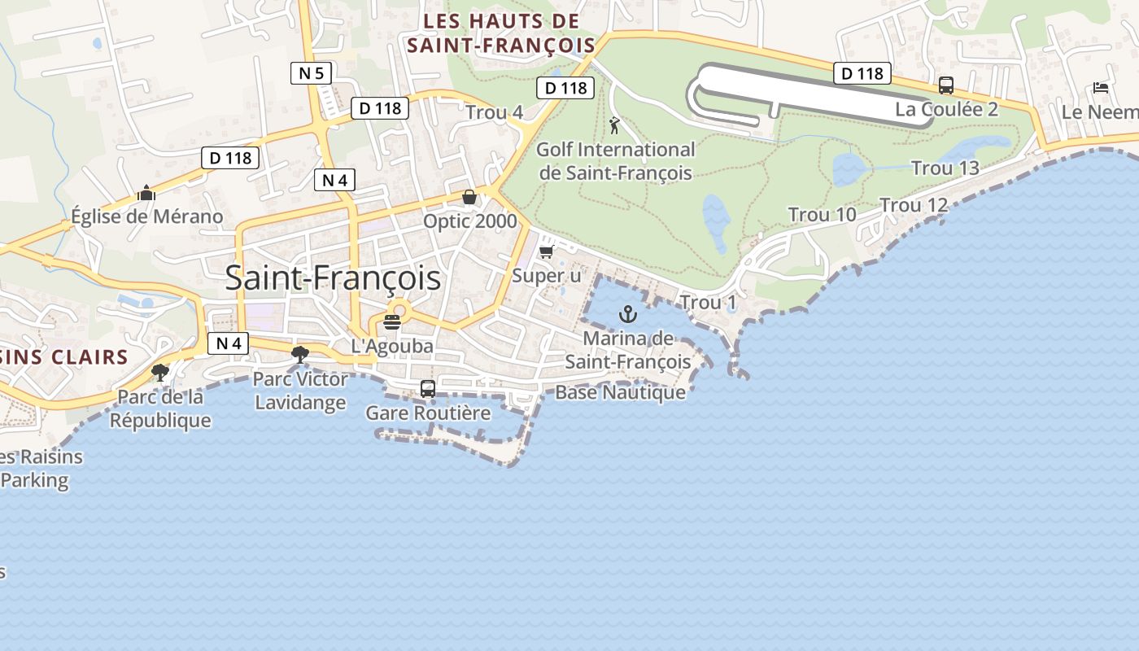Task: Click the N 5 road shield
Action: [x=311, y=73]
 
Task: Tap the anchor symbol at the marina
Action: [x=627, y=314]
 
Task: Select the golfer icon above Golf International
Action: [x=614, y=125]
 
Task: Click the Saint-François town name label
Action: [x=333, y=278]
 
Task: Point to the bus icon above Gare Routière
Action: [x=428, y=389]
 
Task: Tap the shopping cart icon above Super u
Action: [x=547, y=251]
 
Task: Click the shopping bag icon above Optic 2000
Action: [x=469, y=197]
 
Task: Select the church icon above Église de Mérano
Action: [x=146, y=193]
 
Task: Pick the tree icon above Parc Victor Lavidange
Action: [x=300, y=354]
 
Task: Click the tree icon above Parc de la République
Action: [x=160, y=373]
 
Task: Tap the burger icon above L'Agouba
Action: [x=392, y=321]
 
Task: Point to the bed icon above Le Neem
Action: [x=1101, y=88]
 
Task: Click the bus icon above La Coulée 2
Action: [x=946, y=85]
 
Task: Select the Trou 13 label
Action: [x=945, y=168]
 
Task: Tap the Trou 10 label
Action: [x=822, y=215]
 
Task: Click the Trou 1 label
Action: [x=708, y=303]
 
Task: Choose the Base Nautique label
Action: [x=620, y=392]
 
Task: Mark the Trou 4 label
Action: [x=494, y=113]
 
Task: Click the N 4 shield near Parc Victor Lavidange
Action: [x=229, y=343]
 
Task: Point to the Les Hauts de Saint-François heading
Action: [x=501, y=33]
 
